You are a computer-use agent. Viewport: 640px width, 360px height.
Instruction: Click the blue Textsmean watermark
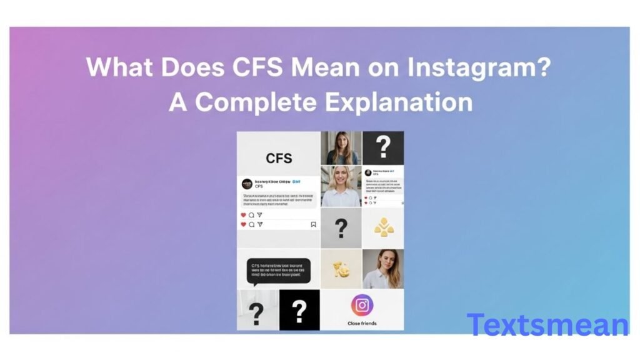pyautogui.click(x=547, y=325)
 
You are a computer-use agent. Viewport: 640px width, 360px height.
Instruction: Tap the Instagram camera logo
pyautogui.click(x=362, y=305)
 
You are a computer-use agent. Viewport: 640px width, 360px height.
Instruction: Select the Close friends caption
pyautogui.click(x=362, y=323)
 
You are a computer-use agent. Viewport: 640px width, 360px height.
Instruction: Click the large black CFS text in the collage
pyautogui.click(x=279, y=158)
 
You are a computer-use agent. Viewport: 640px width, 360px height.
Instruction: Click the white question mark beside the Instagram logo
pyautogui.click(x=299, y=310)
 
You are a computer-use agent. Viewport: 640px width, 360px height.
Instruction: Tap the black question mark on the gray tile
pyautogui.click(x=341, y=228)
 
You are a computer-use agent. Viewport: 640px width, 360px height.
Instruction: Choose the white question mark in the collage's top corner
pyautogui.click(x=383, y=147)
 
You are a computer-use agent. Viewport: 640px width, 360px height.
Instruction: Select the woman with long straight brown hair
pyautogui.click(x=341, y=148)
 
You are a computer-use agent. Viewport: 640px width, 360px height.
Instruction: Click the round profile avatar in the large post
pyautogui.click(x=247, y=184)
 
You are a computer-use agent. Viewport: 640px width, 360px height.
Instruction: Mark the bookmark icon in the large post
pyautogui.click(x=313, y=224)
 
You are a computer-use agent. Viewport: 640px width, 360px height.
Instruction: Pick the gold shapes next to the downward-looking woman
pyautogui.click(x=341, y=269)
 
